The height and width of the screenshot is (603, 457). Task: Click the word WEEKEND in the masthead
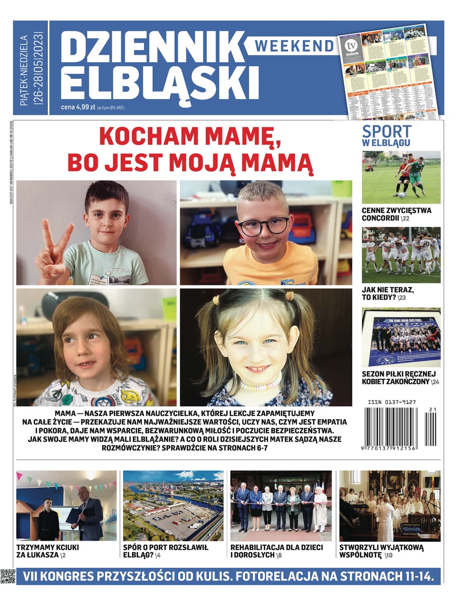(294, 46)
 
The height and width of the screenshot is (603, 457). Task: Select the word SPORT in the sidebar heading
(387, 132)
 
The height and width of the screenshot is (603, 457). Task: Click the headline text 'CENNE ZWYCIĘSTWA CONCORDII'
(396, 214)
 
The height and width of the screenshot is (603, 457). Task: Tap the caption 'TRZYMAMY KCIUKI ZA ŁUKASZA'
(47, 551)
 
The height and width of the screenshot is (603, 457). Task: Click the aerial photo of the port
(173, 505)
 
